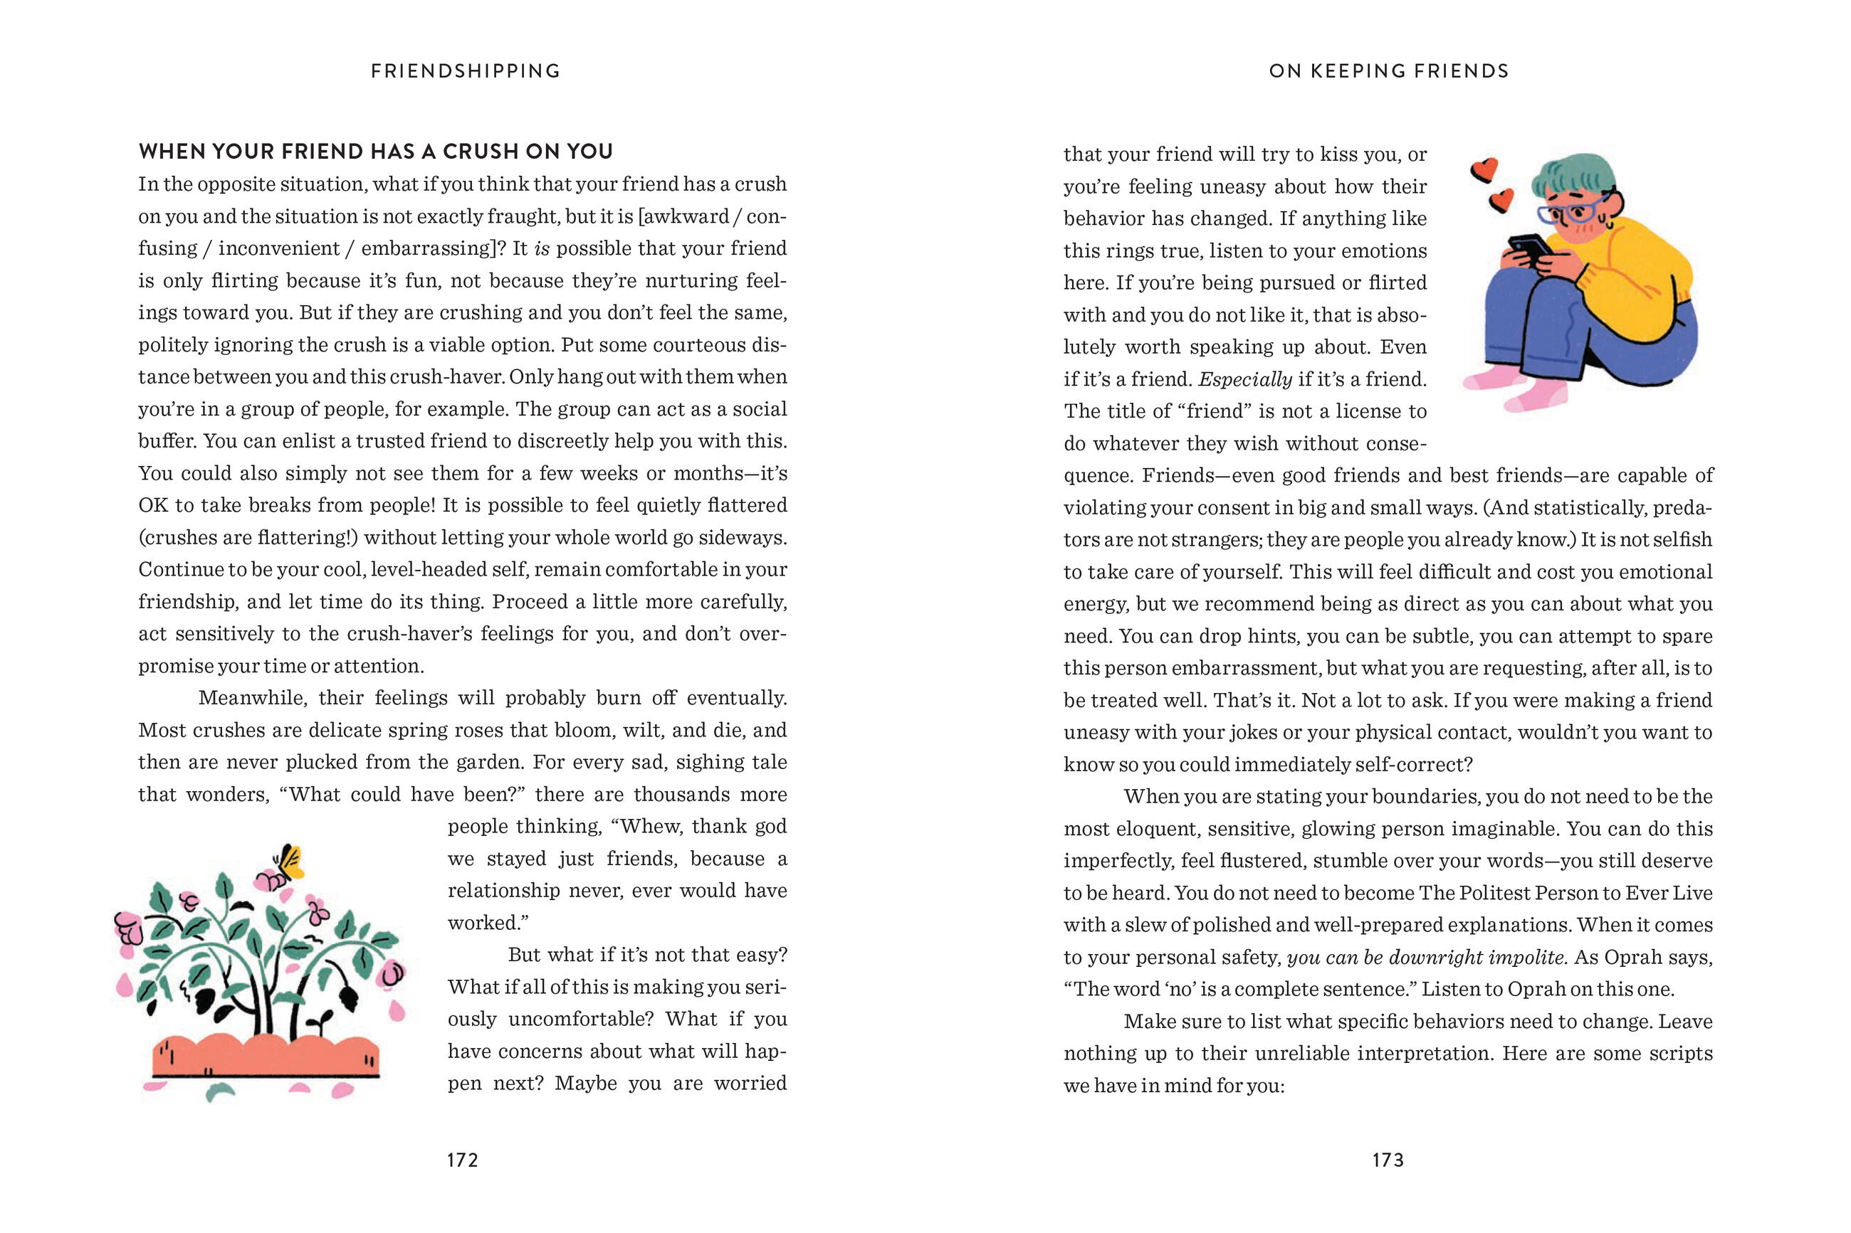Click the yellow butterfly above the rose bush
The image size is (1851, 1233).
(x=290, y=862)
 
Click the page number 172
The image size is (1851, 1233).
(x=463, y=1160)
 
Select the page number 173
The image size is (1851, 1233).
(x=1388, y=1160)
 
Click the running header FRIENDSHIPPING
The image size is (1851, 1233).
(x=466, y=70)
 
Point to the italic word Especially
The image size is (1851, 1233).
(x=1244, y=379)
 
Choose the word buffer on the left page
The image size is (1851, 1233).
(x=164, y=440)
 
